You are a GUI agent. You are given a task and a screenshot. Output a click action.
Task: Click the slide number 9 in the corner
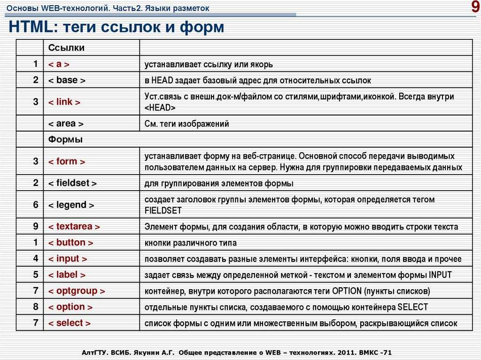tap(474, 8)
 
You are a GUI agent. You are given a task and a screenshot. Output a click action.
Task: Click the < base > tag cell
tap(67, 80)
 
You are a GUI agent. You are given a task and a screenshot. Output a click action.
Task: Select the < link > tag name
tap(64, 102)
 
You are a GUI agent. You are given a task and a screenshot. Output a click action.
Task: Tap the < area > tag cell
tap(66, 124)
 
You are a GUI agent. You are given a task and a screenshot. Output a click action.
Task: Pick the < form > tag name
tap(67, 161)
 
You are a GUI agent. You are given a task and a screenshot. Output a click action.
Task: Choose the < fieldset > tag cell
tap(73, 183)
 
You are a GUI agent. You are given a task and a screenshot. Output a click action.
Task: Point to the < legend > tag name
tap(71, 205)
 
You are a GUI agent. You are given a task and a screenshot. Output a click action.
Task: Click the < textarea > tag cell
tap(74, 227)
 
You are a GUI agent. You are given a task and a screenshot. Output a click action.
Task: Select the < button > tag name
tap(71, 243)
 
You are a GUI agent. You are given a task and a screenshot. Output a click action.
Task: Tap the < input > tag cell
tap(68, 259)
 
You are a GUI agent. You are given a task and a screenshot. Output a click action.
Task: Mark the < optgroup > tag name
tap(77, 291)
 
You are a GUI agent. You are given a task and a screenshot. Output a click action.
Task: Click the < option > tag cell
tap(70, 307)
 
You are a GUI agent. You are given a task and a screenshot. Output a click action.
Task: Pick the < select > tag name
tap(70, 323)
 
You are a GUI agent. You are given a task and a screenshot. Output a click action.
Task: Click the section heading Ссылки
tap(67, 48)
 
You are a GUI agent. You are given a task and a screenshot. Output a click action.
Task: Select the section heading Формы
tap(65, 139)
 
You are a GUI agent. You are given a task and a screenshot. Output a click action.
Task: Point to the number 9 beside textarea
tap(36, 227)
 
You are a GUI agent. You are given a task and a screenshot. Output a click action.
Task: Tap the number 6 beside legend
tap(36, 205)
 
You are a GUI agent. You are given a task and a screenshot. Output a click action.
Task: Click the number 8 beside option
tap(36, 307)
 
